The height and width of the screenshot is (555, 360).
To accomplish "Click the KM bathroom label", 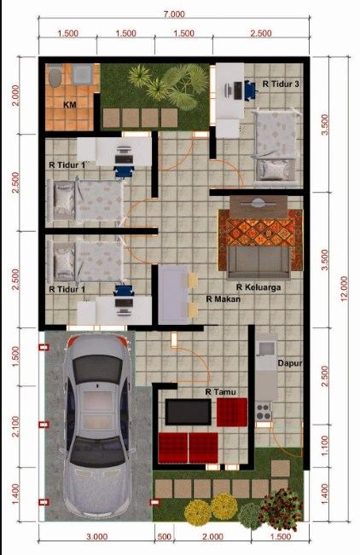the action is tap(70, 105).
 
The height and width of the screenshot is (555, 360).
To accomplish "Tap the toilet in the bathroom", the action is tap(55, 76).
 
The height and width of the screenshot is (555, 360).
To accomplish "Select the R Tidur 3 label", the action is tap(281, 84).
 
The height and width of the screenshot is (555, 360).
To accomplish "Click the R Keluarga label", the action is tap(258, 287).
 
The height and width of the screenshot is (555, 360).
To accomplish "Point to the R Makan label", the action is tap(224, 299).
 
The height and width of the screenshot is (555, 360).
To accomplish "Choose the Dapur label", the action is tap(289, 363).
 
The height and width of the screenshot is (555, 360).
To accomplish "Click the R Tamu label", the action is tap(220, 392).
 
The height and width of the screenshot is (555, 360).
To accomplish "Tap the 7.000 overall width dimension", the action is tap(174, 14).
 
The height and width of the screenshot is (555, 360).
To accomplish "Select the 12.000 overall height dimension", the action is tap(344, 288).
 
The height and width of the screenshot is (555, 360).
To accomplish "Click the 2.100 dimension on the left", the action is tap(15, 426).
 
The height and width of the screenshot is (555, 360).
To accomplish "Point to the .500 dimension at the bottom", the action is tap(163, 536).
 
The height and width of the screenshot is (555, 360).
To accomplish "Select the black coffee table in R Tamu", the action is tap(189, 412).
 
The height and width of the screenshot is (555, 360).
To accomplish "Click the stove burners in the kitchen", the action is tap(263, 411).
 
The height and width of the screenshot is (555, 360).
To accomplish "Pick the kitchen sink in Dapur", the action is tap(266, 348).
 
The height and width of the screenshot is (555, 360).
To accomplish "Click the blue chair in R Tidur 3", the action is tap(250, 90).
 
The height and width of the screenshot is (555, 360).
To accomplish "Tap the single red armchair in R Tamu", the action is tap(232, 412).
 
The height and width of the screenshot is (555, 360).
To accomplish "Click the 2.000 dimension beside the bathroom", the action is tap(15, 95).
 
